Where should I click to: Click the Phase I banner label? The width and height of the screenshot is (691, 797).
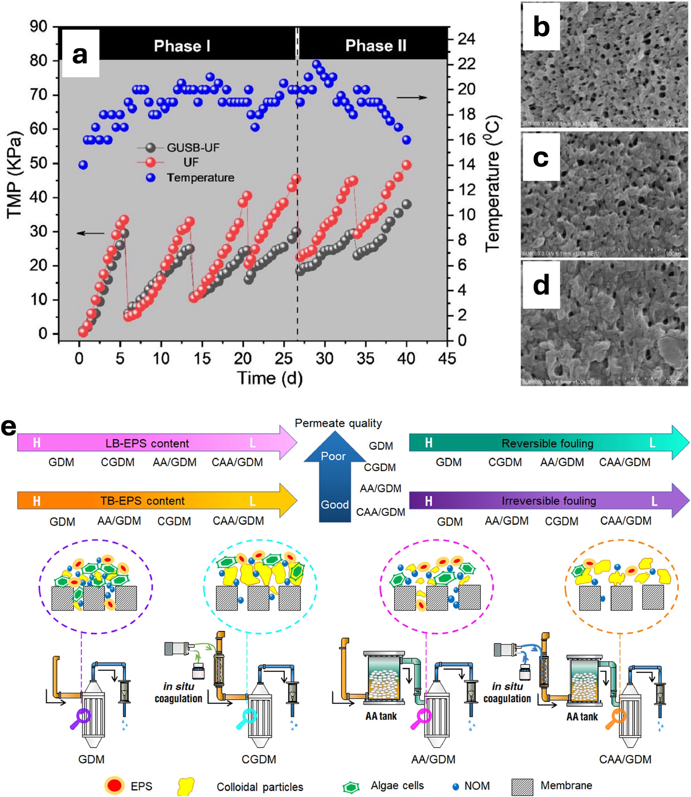pyautogui.click(x=182, y=46)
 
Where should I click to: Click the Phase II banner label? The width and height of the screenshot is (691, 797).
pyautogui.click(x=376, y=46)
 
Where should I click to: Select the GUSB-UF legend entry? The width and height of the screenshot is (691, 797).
pyautogui.click(x=193, y=148)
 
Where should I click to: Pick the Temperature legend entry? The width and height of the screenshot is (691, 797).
pyautogui.click(x=200, y=178)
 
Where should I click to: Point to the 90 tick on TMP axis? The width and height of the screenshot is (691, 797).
pyautogui.click(x=38, y=27)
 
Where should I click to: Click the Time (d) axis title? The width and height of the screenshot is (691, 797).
pyautogui.click(x=270, y=378)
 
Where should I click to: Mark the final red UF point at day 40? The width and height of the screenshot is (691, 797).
pyautogui.click(x=406, y=165)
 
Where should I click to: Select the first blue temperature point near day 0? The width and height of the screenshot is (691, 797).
pyautogui.click(x=83, y=165)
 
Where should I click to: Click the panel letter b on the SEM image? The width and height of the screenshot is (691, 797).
pyautogui.click(x=541, y=27)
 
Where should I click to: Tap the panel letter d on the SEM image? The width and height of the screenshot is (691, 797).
pyautogui.click(x=541, y=285)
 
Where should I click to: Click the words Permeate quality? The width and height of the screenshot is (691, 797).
pyautogui.click(x=338, y=423)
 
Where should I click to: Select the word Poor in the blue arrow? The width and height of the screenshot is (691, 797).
pyautogui.click(x=333, y=456)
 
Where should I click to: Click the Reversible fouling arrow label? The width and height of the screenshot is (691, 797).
pyautogui.click(x=547, y=443)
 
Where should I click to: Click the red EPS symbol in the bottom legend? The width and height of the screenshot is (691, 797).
pyautogui.click(x=115, y=786)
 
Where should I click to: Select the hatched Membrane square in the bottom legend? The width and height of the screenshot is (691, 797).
pyautogui.click(x=522, y=786)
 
